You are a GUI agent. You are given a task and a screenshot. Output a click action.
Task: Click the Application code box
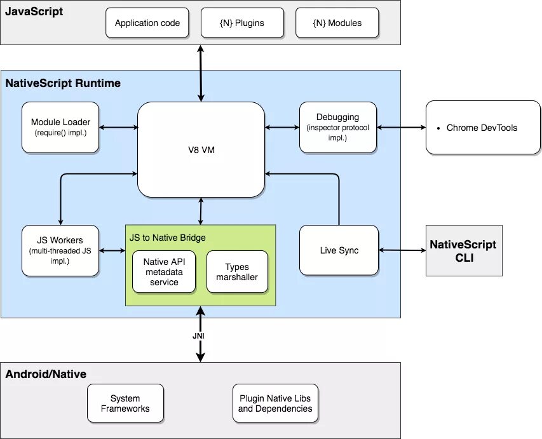[x=147, y=23]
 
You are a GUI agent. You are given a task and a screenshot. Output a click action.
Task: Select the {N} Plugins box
[x=241, y=23]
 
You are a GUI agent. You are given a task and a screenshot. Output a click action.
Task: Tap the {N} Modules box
[x=337, y=23]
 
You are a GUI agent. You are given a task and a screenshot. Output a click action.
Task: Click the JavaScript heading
[x=34, y=11]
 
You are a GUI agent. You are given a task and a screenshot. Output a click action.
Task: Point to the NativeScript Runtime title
[x=63, y=83]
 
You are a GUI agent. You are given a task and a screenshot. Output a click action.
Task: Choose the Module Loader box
[x=60, y=127]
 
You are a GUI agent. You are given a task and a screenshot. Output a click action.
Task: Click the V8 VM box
[x=201, y=150]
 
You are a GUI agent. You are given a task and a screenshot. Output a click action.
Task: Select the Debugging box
[x=337, y=127]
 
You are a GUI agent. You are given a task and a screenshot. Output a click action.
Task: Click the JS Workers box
[x=60, y=250]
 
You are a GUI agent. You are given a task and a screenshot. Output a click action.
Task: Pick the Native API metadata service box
[x=165, y=272]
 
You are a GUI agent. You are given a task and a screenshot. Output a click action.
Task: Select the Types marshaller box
[x=237, y=272]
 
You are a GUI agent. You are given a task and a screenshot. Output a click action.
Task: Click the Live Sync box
[x=339, y=250]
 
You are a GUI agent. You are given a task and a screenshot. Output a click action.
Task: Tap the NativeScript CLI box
[x=463, y=250]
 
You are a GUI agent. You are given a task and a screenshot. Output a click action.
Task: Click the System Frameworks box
[x=125, y=403]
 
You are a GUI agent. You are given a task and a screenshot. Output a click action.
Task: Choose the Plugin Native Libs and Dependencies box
[x=275, y=403]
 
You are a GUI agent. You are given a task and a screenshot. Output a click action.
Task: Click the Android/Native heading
[x=46, y=374]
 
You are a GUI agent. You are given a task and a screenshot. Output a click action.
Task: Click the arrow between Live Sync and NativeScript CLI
[x=402, y=250]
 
